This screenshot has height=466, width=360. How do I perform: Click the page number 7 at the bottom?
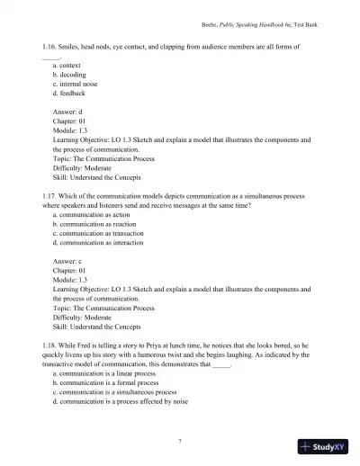click(x=181, y=439)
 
